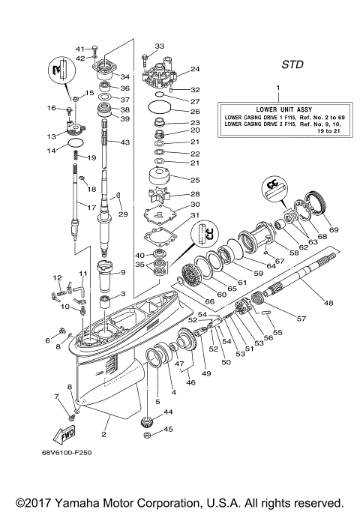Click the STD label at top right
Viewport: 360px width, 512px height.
pyautogui.click(x=292, y=65)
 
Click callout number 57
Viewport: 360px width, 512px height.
pyautogui.click(x=301, y=319)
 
